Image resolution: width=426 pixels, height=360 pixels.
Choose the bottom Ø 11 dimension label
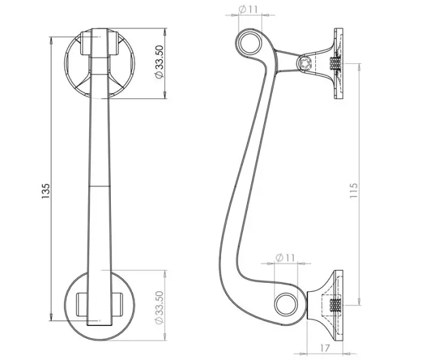[x=284, y=258]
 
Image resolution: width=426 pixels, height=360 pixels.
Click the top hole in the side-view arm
[x=249, y=43]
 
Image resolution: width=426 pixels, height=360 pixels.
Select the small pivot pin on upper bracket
[x=305, y=62]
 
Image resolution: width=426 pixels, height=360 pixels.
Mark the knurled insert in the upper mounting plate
[x=335, y=63]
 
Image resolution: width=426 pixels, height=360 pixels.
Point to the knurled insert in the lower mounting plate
[x=335, y=306]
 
